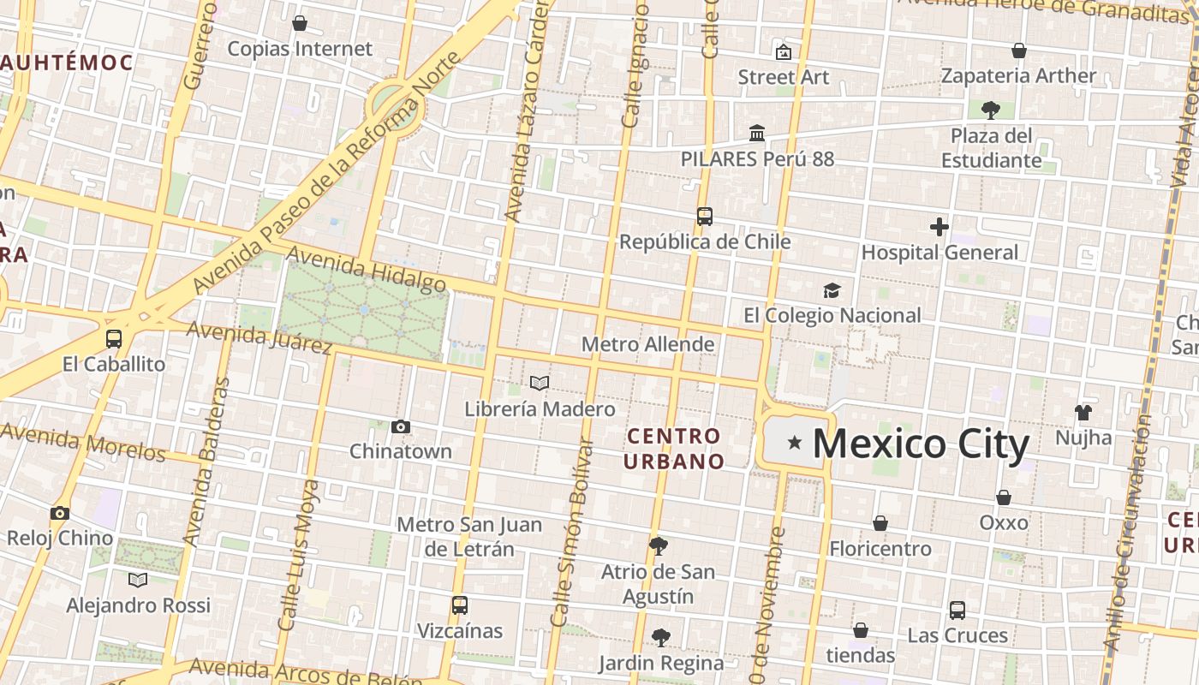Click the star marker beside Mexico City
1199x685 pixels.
795,443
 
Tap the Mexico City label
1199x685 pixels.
920,444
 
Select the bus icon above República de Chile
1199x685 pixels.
705,217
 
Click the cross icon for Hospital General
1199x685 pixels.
940,227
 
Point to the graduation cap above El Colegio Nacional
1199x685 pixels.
832,290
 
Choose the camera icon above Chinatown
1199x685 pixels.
400,426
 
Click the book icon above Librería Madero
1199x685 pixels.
540,383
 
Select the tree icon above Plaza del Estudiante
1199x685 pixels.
991,110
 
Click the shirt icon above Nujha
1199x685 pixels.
1083,413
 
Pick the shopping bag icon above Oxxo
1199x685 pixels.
1004,497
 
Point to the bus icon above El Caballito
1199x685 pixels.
114,339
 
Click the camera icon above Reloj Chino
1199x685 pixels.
59,513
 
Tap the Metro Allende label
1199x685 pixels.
647,344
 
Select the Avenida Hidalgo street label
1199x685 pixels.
366,269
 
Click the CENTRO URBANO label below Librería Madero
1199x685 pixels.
674,449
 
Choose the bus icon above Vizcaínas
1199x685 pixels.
460,605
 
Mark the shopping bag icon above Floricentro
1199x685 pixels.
880,523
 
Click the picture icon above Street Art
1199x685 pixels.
783,52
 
